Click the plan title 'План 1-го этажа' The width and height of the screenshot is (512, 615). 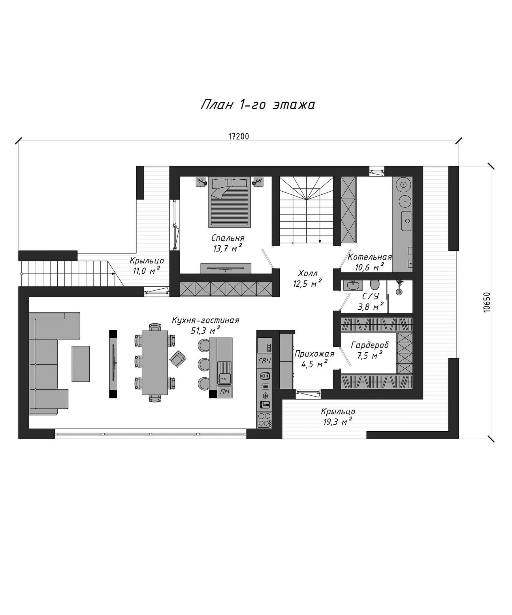tap(257, 105)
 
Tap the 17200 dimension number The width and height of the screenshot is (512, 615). tap(239, 136)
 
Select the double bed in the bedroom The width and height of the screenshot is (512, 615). tap(229, 202)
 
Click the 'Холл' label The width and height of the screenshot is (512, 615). tap(307, 274)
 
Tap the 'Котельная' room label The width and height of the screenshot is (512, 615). tap(370, 257)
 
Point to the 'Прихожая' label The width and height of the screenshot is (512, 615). tap(314, 354)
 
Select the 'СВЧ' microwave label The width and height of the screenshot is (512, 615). tap(265, 361)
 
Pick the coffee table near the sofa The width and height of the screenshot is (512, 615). tap(81, 364)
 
